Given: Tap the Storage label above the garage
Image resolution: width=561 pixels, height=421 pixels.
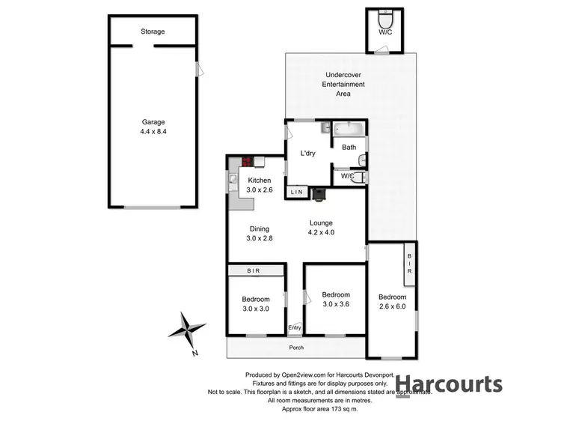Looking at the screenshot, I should (x=153, y=31).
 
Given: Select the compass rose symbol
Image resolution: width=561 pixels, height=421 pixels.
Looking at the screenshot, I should (x=186, y=329).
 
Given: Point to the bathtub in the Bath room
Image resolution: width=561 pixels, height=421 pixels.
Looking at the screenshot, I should (x=349, y=129).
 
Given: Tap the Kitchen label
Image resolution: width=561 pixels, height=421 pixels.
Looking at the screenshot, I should (x=260, y=181).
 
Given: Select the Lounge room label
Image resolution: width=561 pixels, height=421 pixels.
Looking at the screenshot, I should (x=322, y=222).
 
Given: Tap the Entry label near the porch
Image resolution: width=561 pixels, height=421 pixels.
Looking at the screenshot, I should (x=295, y=327).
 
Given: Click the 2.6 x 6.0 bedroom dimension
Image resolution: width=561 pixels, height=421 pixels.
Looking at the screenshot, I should (x=392, y=305).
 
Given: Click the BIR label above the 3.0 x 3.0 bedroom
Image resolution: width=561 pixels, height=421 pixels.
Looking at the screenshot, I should (x=254, y=270).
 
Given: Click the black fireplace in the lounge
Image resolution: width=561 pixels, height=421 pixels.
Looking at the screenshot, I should (x=319, y=195).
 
